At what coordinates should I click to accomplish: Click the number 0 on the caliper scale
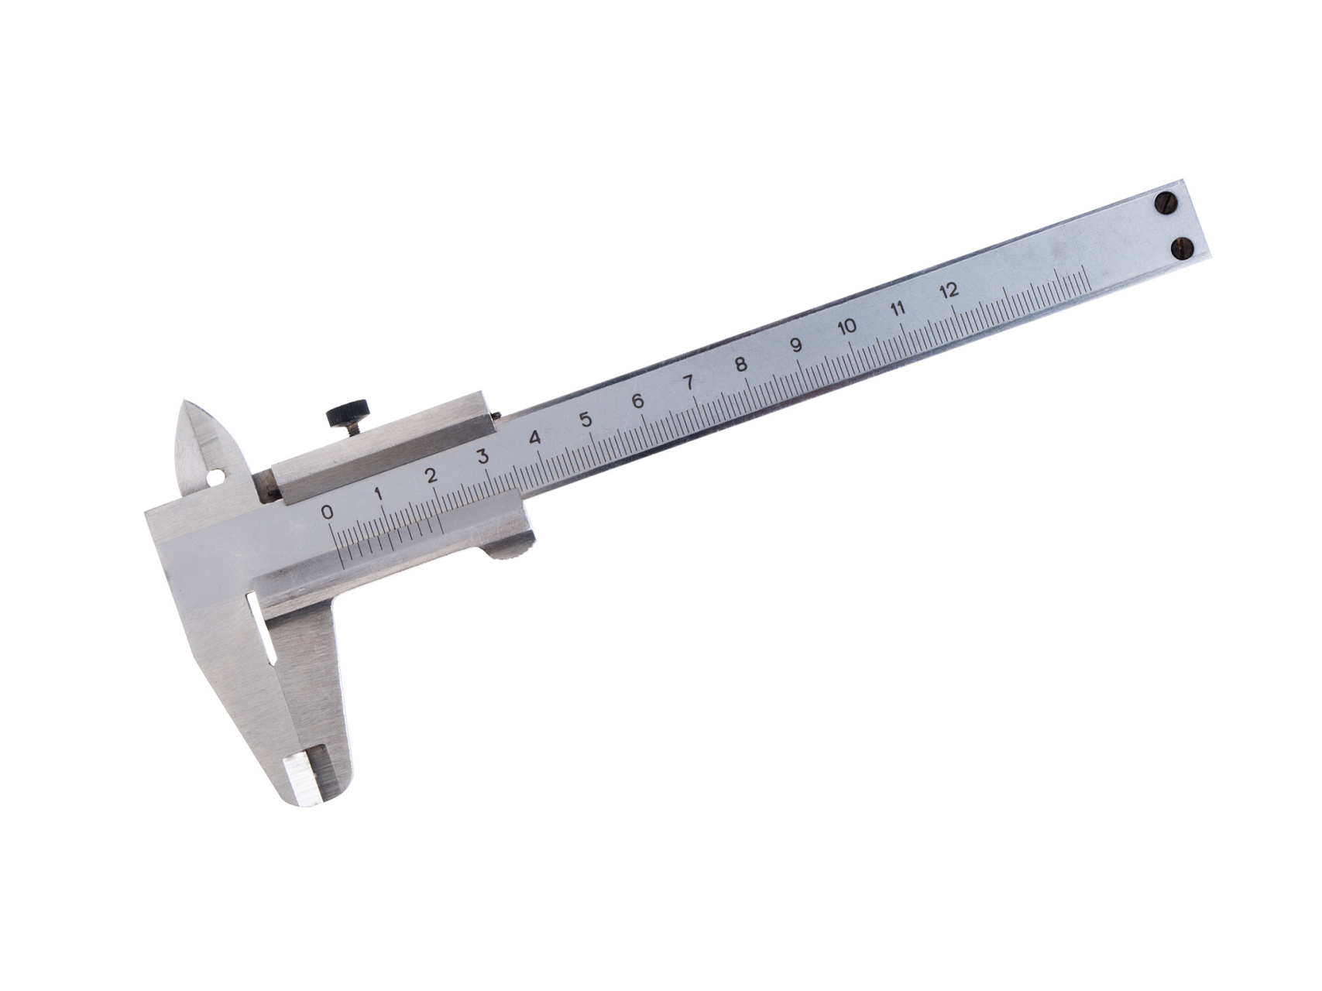click(328, 512)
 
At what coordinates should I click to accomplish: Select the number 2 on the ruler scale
click(431, 475)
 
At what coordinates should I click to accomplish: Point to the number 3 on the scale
click(482, 456)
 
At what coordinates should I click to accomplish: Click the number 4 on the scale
click(534, 438)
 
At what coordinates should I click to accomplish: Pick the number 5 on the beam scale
click(585, 420)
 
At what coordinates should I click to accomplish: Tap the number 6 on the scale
click(637, 401)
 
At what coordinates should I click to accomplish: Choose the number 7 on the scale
click(688, 382)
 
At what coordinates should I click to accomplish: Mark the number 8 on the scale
click(741, 364)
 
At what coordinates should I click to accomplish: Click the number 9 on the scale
click(795, 345)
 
